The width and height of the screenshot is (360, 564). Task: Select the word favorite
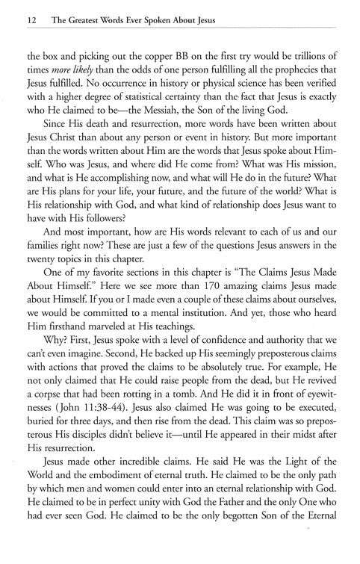pyautogui.click(x=111, y=288)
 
